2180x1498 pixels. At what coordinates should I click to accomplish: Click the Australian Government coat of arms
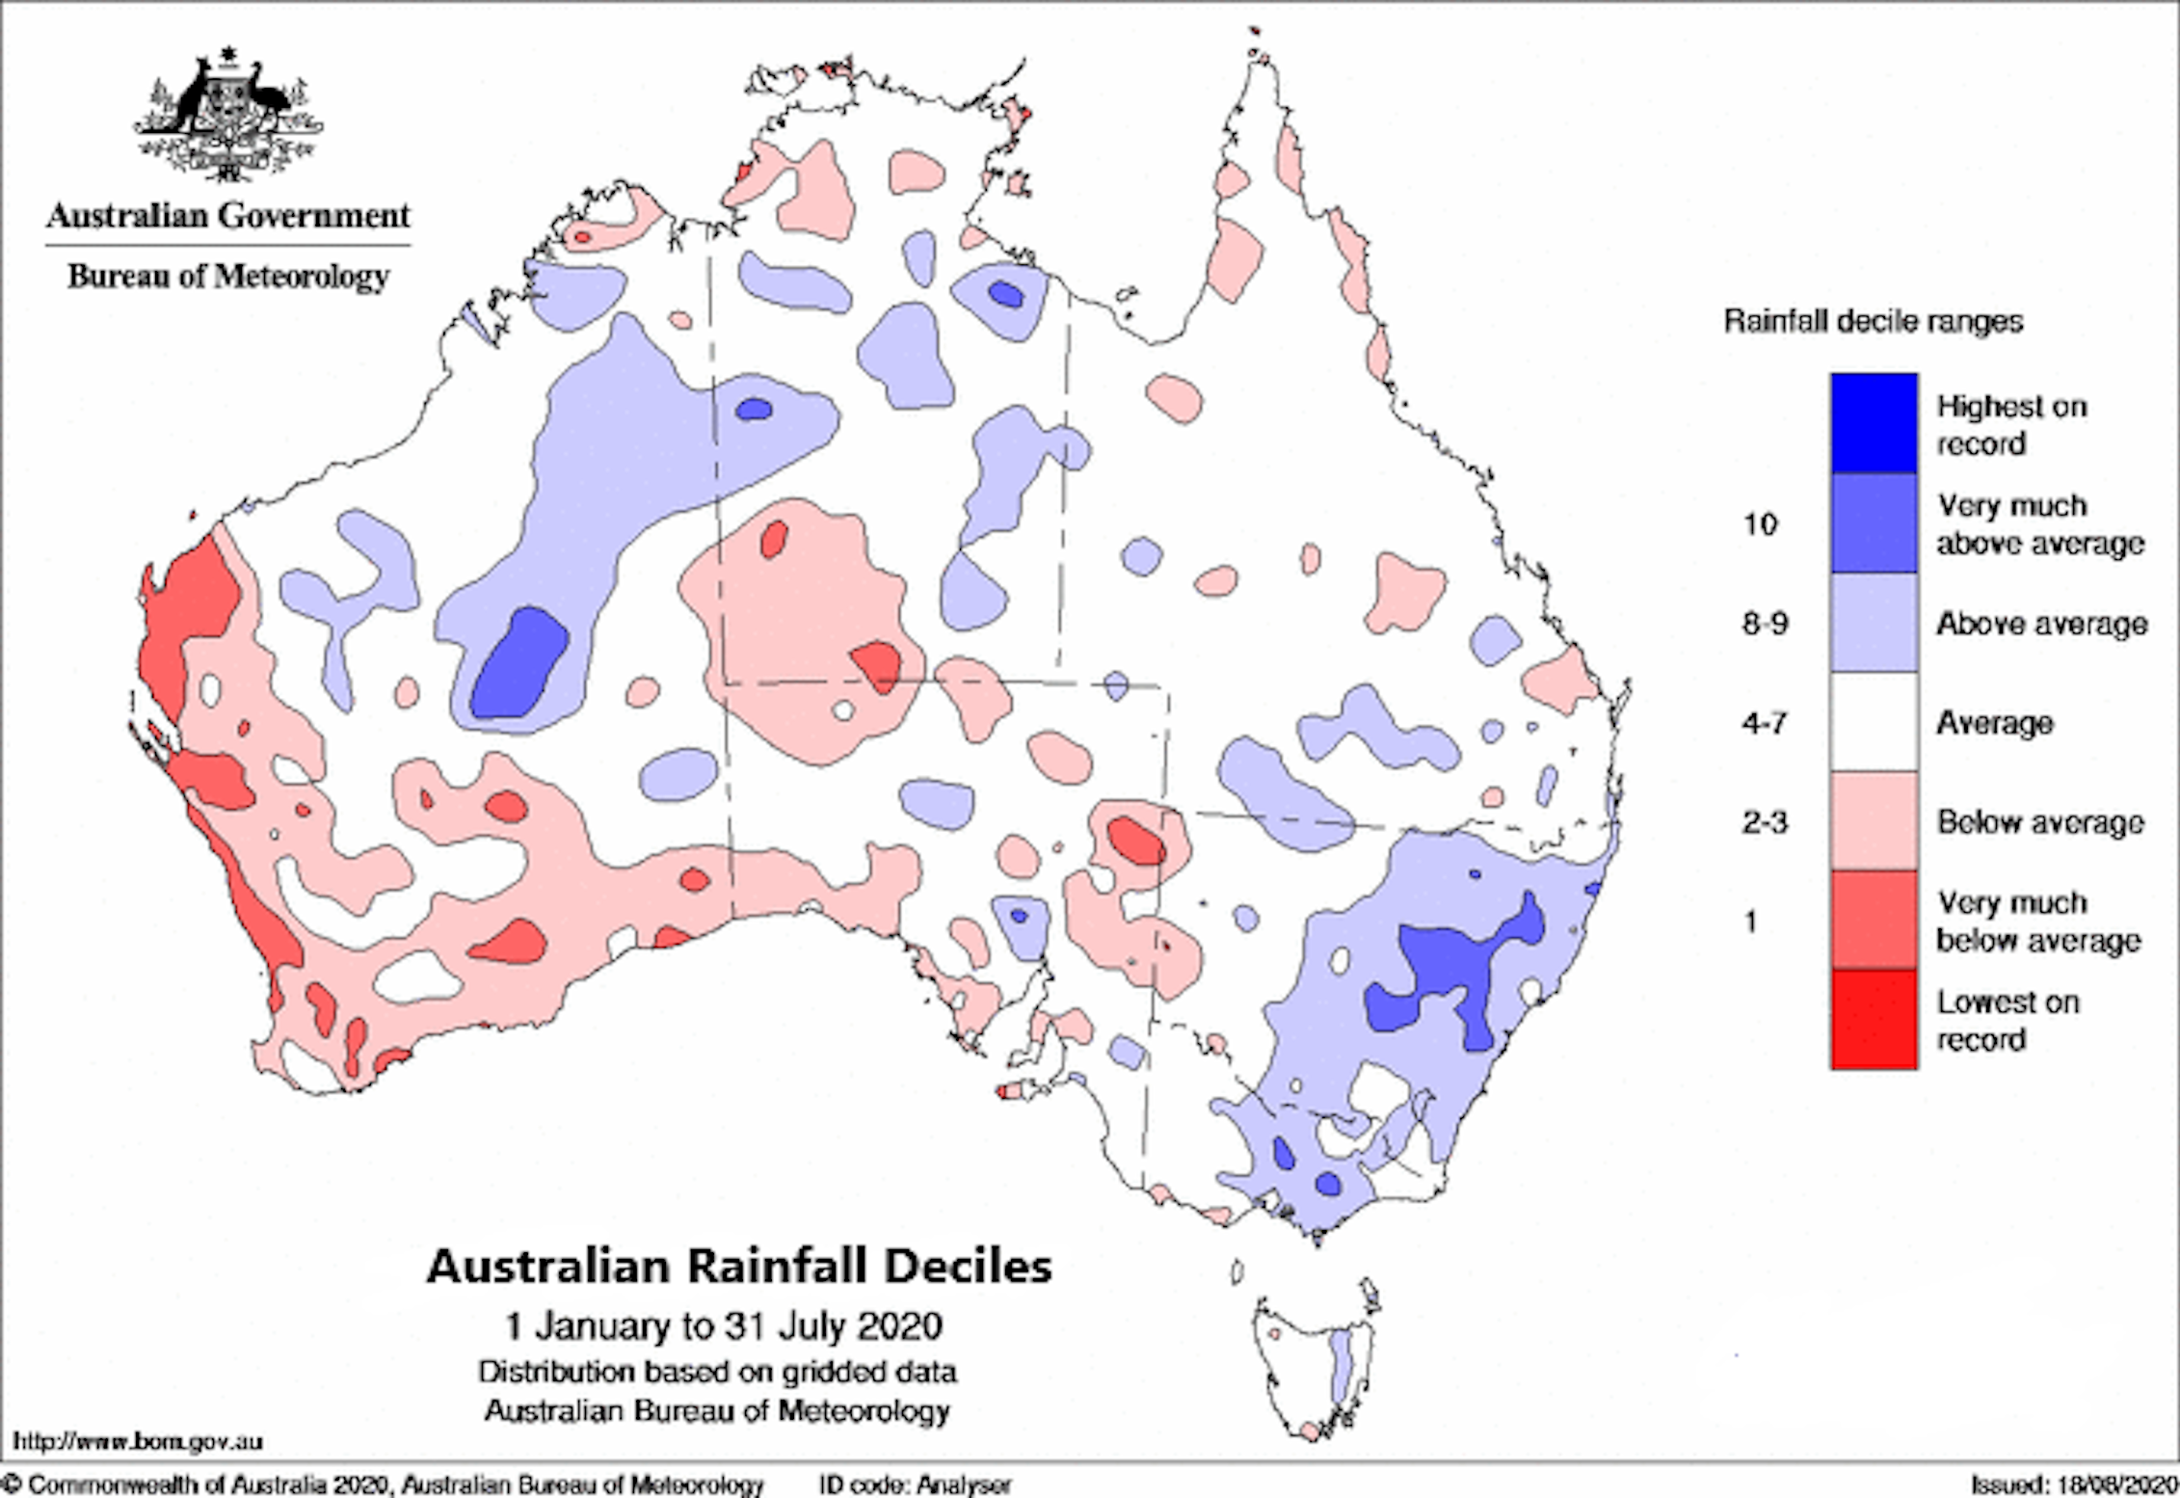[x=227, y=114]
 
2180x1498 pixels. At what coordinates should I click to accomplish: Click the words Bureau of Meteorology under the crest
[x=228, y=277]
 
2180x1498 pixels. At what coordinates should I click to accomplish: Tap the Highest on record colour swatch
[x=1874, y=422]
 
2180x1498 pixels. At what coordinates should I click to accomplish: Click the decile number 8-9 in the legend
[x=1765, y=624]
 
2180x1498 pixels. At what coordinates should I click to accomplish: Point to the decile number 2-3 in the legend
[x=1765, y=822]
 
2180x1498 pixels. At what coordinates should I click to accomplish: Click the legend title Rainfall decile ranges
[x=1873, y=321]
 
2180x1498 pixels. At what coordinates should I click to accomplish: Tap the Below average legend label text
[x=2040, y=822]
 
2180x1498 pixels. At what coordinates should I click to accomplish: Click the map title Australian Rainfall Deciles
[x=739, y=1267]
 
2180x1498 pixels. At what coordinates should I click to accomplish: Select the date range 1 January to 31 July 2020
[x=724, y=1326]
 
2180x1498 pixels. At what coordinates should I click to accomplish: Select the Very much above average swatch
[x=1874, y=523]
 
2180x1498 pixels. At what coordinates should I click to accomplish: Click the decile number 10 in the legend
[x=1760, y=524]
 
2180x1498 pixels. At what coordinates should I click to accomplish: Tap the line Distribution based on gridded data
[x=717, y=1372]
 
